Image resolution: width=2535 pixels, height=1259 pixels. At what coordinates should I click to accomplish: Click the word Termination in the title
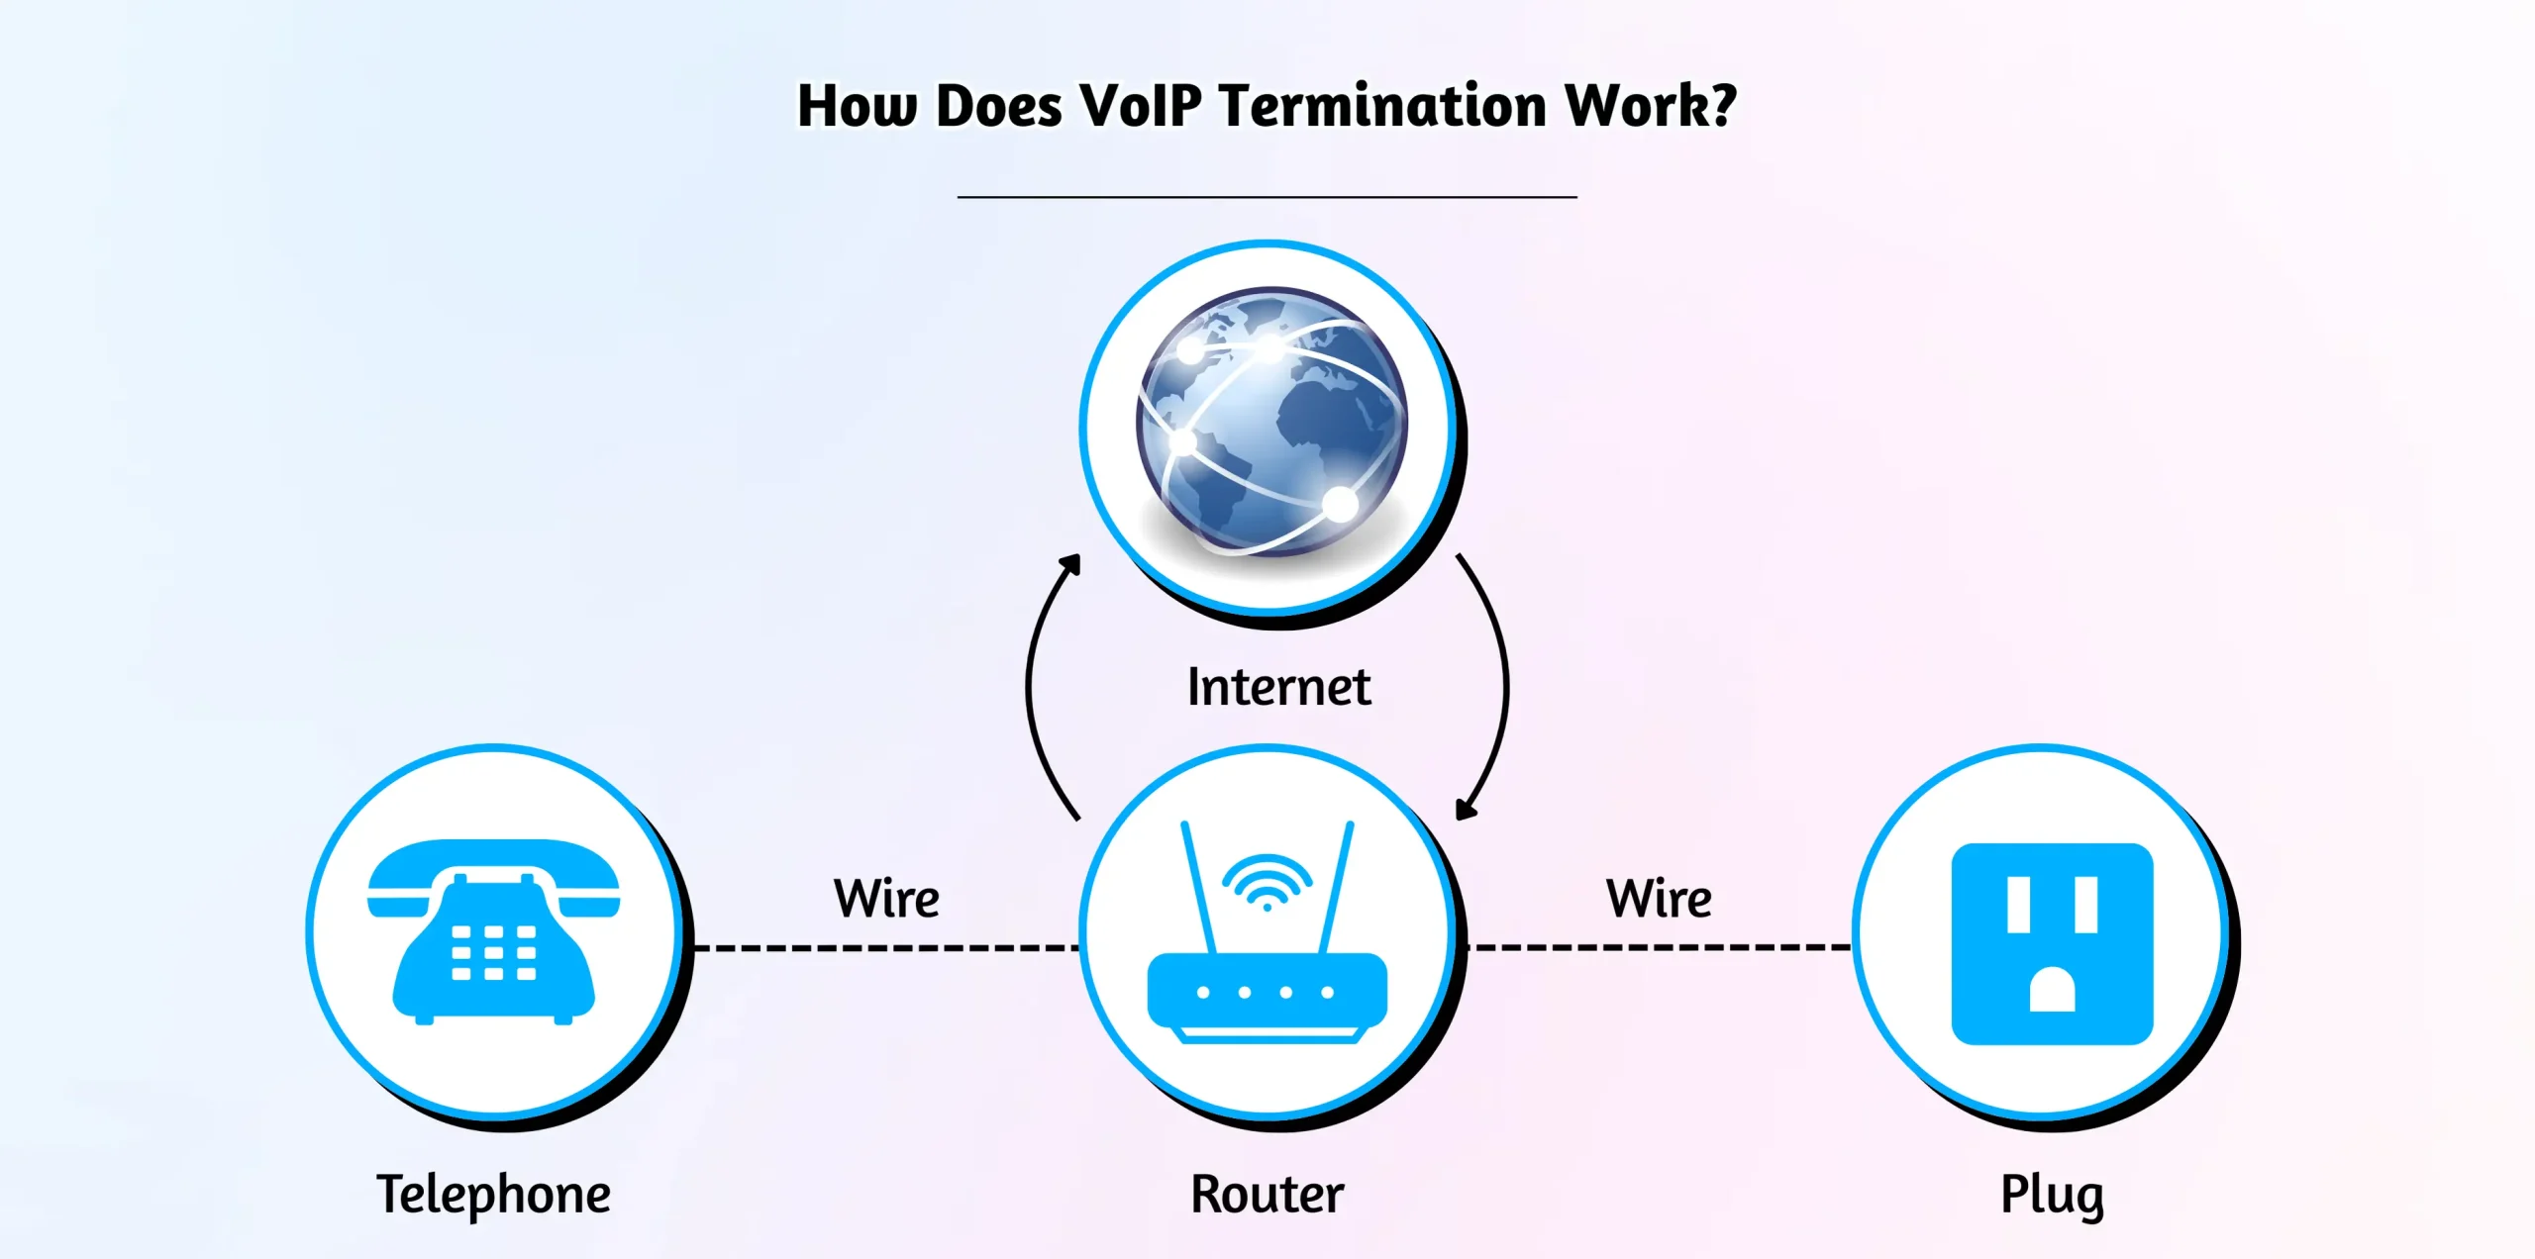tap(1382, 106)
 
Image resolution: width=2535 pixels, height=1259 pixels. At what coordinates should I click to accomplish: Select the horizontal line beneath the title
tap(1267, 197)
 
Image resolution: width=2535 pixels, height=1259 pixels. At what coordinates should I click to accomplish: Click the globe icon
tap(1271, 421)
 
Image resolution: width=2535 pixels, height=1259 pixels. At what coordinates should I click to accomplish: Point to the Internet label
tap(1278, 687)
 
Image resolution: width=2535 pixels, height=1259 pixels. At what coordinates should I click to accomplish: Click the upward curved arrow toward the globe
tap(1035, 683)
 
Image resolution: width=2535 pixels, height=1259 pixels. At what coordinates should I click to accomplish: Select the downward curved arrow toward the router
tap(1500, 683)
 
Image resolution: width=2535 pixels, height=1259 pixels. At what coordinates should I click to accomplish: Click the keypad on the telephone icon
tap(493, 953)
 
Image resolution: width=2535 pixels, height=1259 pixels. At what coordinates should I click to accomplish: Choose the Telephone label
tap(493, 1194)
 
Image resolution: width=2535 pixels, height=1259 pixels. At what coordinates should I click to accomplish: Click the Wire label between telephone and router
tap(886, 899)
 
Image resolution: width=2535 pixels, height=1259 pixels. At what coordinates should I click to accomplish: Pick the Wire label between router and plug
tap(1659, 899)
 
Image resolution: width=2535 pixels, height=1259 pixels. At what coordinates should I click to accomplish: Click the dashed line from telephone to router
tap(886, 948)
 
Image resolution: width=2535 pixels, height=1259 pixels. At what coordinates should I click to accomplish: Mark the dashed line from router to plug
tap(1659, 947)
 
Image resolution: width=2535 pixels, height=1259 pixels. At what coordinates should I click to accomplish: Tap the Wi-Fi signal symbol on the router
tap(1267, 881)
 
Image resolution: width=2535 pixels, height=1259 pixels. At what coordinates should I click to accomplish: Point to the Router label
tap(1267, 1194)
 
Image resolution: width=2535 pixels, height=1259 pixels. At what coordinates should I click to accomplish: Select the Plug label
tap(2052, 1194)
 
